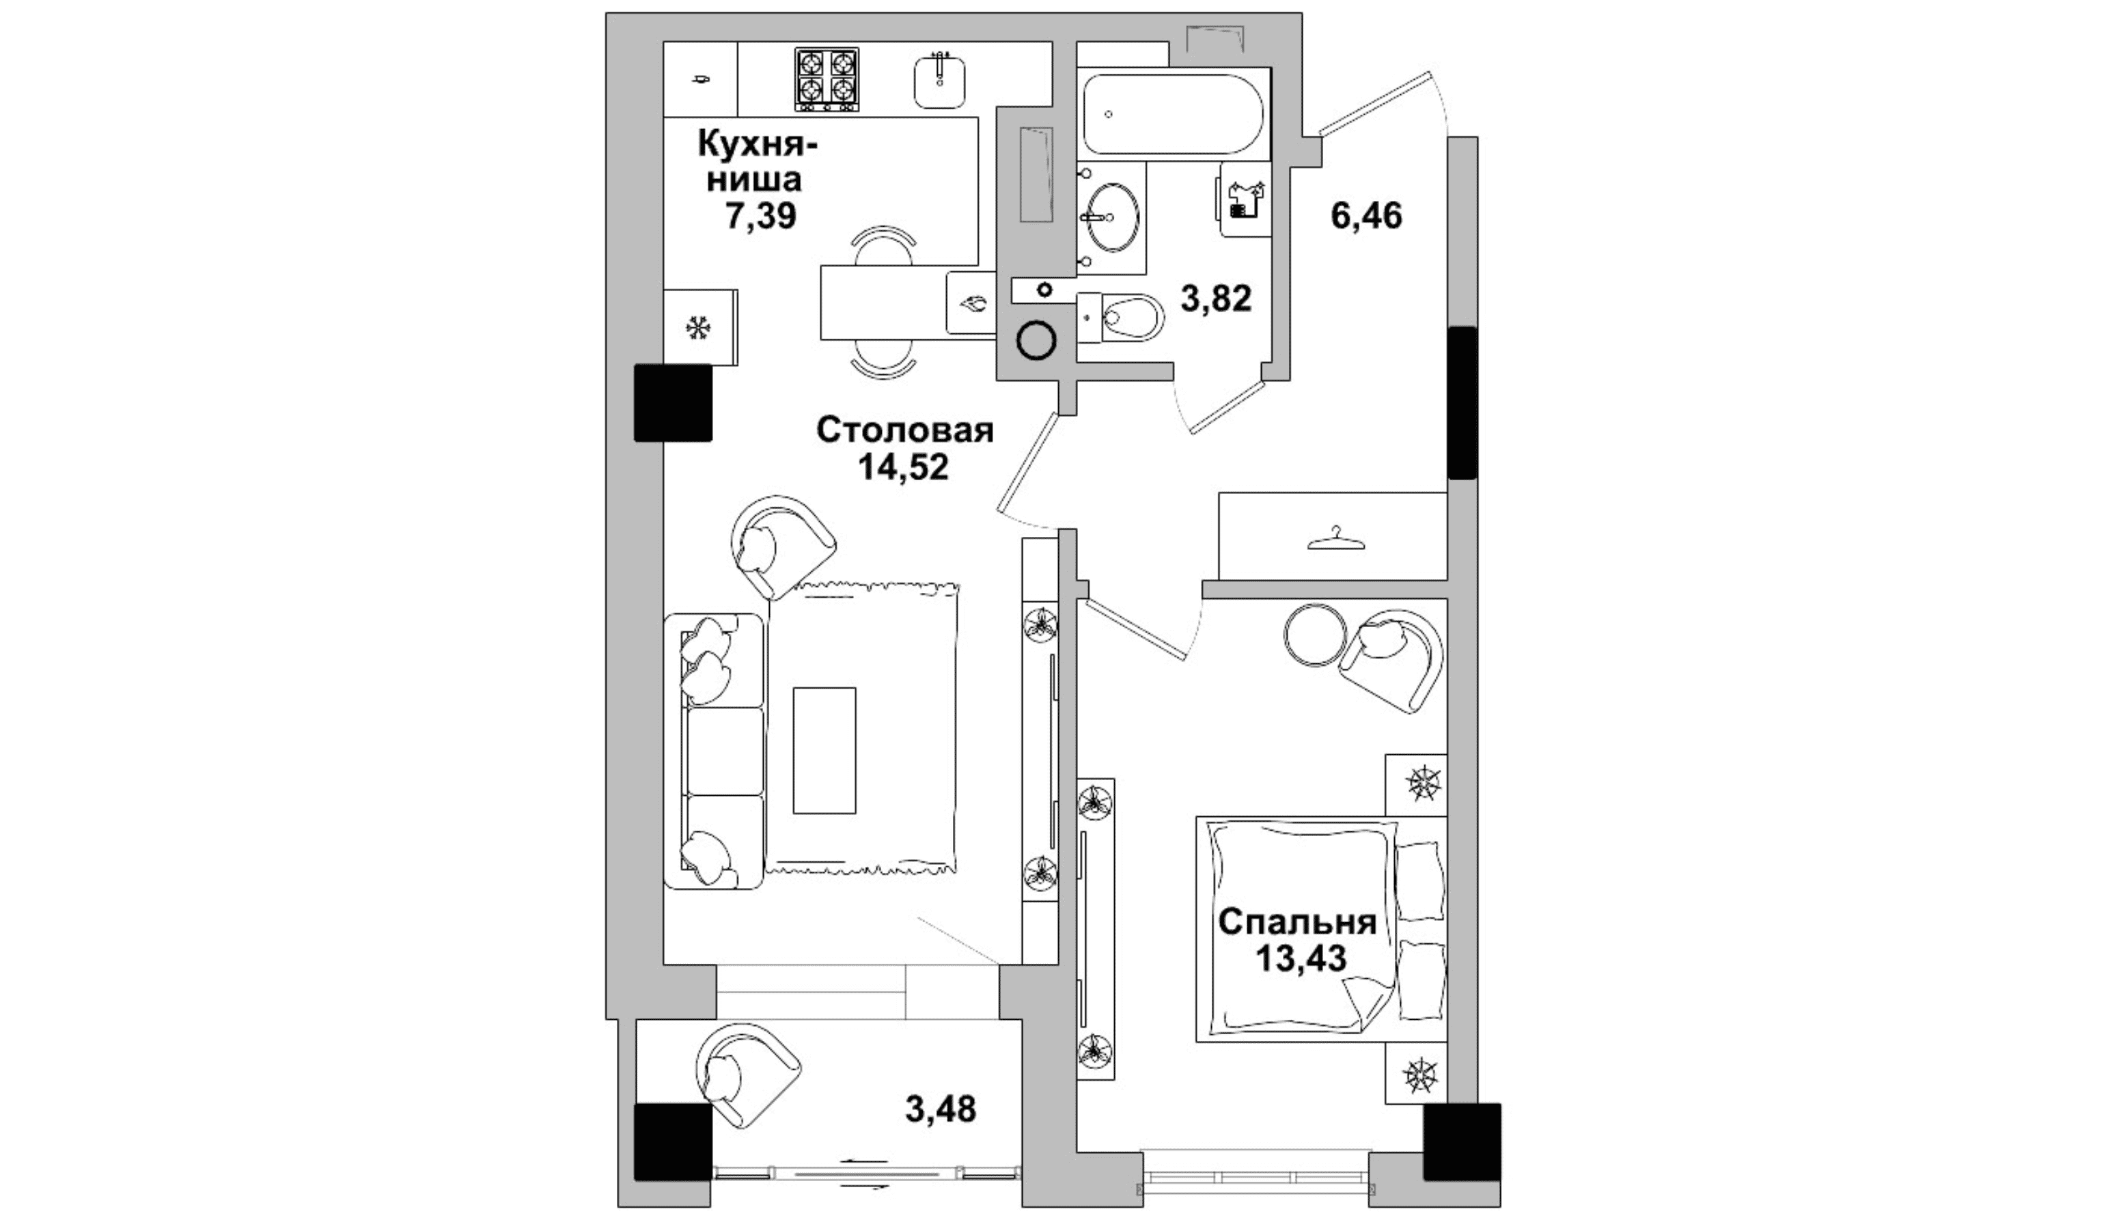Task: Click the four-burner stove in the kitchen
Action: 827,79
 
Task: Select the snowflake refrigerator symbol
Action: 697,327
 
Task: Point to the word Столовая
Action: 905,430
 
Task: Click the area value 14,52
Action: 904,467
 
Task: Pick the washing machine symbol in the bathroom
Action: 1245,200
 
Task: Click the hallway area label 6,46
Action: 1366,216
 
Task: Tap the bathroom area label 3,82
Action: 1215,298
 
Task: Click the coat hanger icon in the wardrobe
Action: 1336,539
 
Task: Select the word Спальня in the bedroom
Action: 1297,922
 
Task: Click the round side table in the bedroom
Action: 1315,635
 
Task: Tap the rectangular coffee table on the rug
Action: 824,750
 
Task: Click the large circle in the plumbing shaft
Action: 1036,341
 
